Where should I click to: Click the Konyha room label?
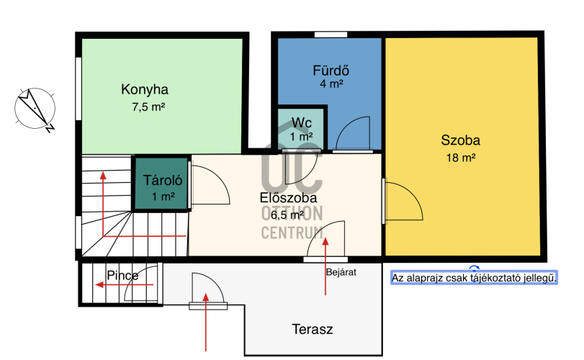tap(145, 90)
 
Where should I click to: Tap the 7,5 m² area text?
tap(148, 107)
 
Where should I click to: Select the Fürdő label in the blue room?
tap(331, 71)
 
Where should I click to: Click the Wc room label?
tap(302, 122)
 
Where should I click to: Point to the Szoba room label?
tap(460, 140)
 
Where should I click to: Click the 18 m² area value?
tap(461, 158)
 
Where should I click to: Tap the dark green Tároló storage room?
tap(161, 184)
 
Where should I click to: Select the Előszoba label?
tap(288, 198)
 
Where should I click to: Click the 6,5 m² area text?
tap(287, 215)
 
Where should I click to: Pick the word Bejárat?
tap(341, 272)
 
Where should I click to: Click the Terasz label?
tap(312, 330)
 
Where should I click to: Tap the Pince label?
tap(122, 276)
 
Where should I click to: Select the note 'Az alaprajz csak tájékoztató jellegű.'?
tap(474, 278)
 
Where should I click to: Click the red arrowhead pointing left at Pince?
tap(99, 285)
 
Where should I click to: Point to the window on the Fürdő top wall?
tap(331, 35)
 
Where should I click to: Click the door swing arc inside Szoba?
tap(413, 194)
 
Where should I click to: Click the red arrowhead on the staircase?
tap(103, 175)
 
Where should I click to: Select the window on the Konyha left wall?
tap(78, 89)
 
